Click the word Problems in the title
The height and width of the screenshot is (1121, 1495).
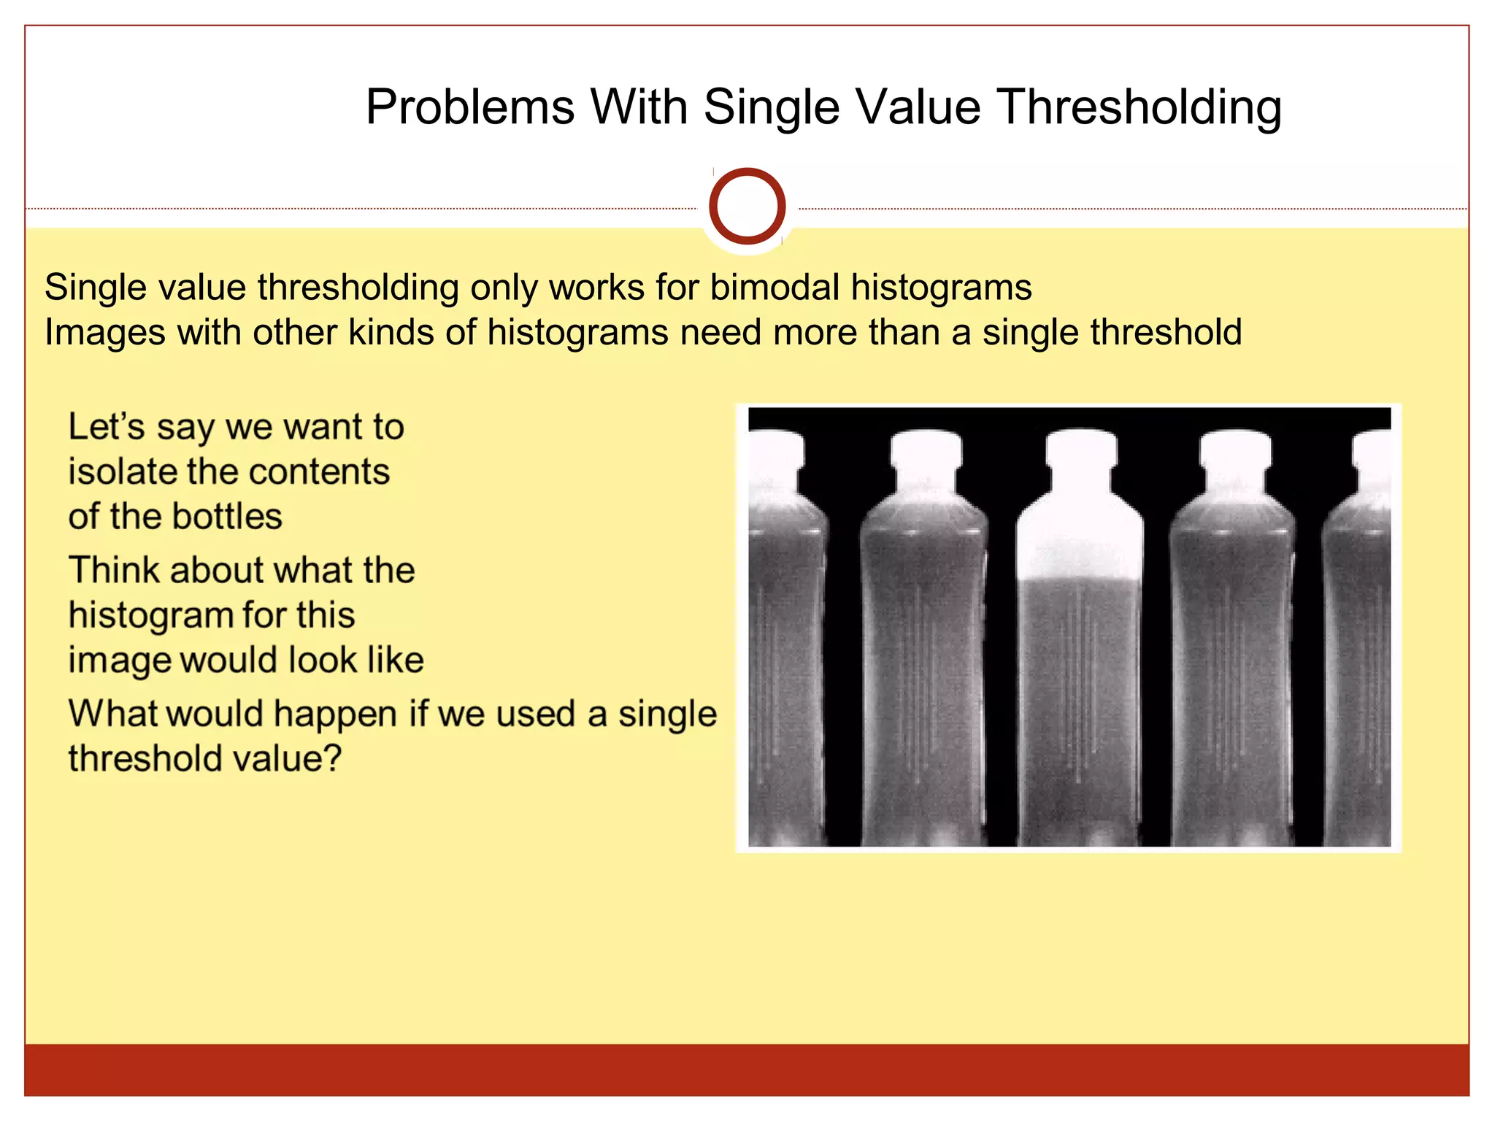click(x=470, y=107)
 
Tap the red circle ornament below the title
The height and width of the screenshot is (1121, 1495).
click(x=747, y=207)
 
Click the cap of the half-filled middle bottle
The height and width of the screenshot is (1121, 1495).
click(x=1080, y=447)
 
